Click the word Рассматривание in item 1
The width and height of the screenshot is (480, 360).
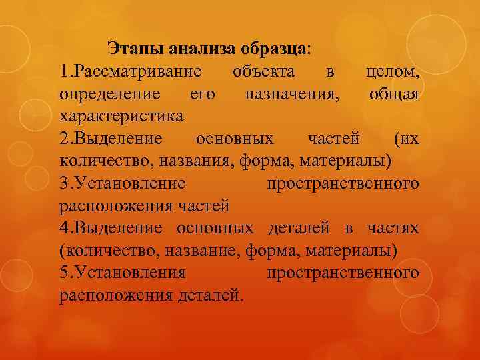click(140, 71)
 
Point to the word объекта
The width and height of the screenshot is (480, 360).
click(266, 71)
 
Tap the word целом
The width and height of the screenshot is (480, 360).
click(393, 71)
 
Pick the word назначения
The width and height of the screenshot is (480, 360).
click(291, 94)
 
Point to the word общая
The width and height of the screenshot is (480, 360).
click(394, 94)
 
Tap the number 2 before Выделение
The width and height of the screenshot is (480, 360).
click(64, 138)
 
